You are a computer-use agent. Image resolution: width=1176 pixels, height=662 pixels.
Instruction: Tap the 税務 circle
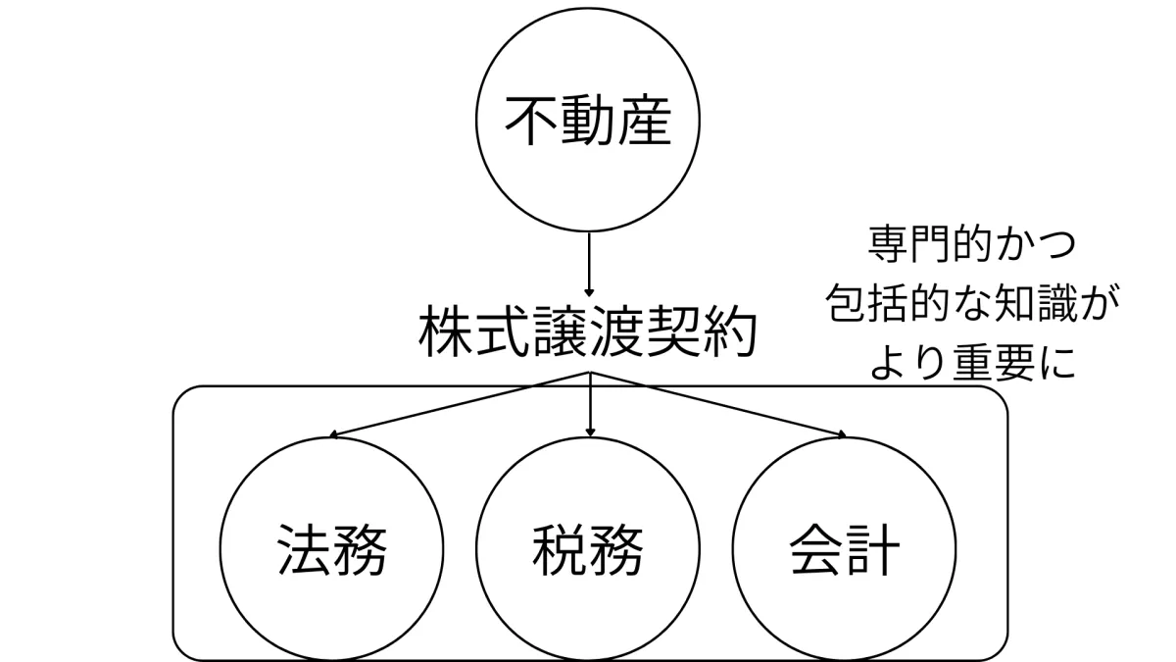pos(588,551)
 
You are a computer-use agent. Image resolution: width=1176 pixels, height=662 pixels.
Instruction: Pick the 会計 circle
pos(844,551)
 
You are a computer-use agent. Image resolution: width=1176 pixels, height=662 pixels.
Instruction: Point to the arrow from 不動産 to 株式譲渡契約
pos(588,263)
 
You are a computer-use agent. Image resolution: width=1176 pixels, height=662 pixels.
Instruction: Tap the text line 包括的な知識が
pos(965,304)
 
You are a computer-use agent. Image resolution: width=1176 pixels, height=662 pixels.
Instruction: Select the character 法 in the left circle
pos(304,551)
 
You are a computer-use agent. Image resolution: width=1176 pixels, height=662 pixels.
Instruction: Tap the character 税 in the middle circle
pos(560,551)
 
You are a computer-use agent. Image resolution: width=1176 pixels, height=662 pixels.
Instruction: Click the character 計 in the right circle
pos(872,551)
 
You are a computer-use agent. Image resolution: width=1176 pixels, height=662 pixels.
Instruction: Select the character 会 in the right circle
pos(815,551)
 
